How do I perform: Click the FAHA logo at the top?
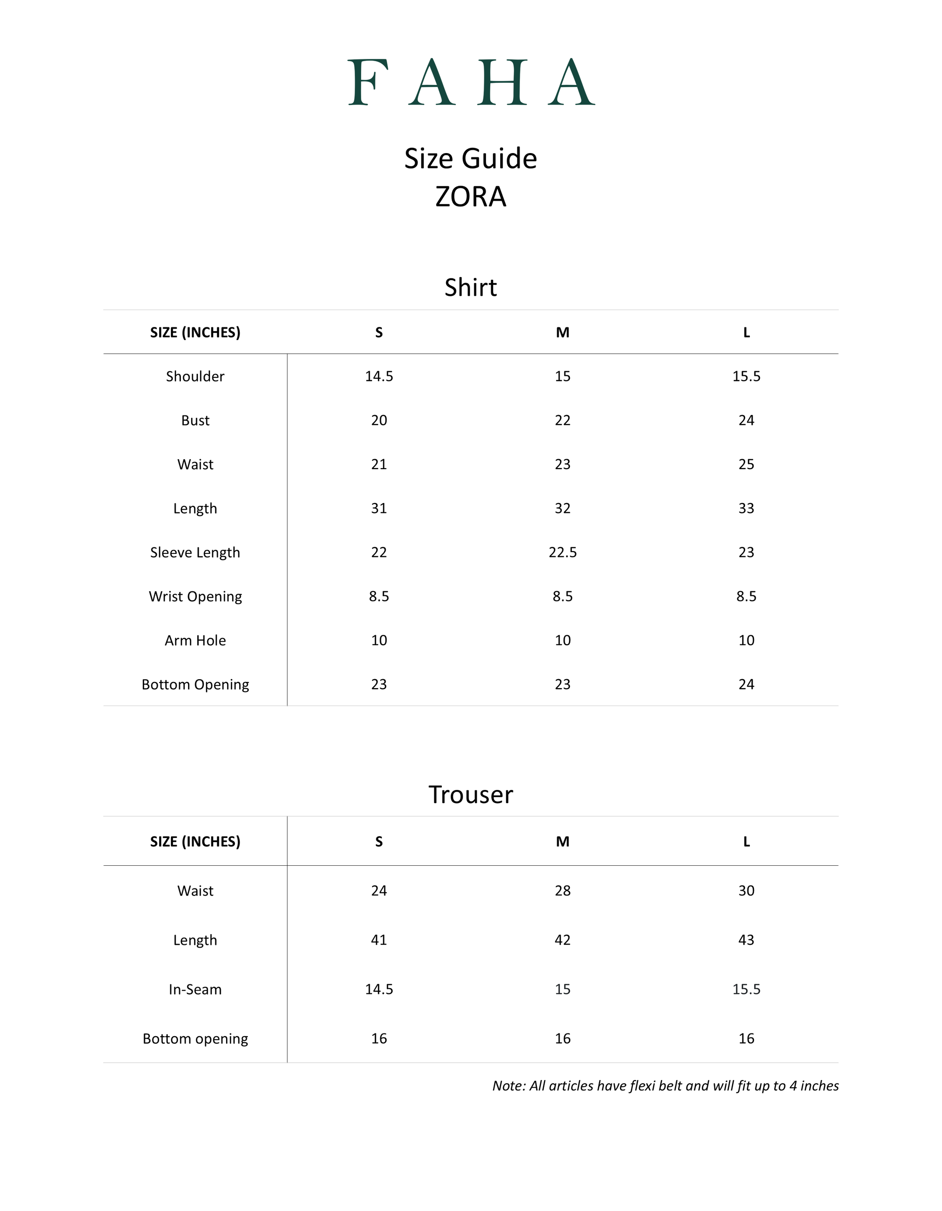coord(471,82)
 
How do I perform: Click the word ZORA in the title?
coord(471,197)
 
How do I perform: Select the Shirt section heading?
coord(471,287)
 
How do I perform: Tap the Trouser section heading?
coord(471,795)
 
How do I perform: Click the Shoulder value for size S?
coord(379,376)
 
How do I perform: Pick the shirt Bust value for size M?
coord(562,420)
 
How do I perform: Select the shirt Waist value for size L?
coord(746,464)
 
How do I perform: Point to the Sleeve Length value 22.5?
coord(562,552)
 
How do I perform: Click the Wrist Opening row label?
coord(195,597)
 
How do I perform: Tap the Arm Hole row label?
coord(195,641)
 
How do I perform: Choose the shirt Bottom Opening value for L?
coord(746,684)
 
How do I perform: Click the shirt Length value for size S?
coord(379,508)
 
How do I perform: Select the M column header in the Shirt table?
coord(562,333)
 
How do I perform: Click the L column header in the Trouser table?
coord(746,842)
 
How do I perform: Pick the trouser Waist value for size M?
coord(562,891)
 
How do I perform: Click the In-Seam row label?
coord(195,989)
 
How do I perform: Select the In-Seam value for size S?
coord(379,989)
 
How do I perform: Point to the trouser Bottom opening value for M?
coord(562,1039)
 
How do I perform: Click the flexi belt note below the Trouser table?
coord(666,1086)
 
